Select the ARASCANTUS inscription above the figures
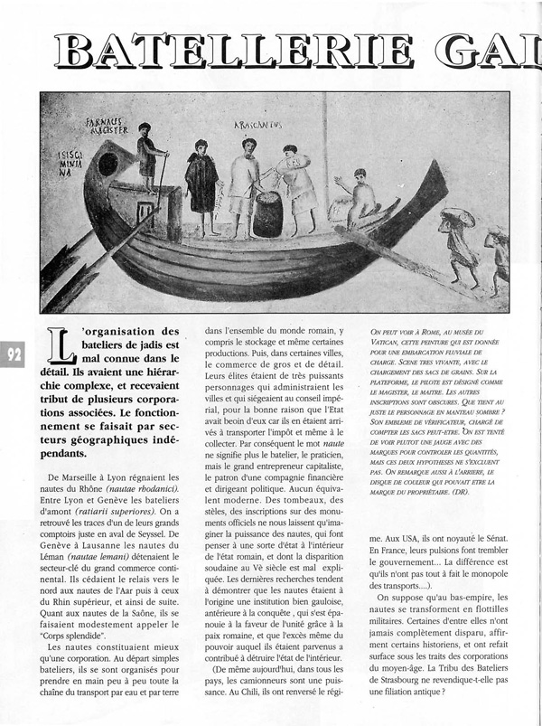pyautogui.click(x=257, y=124)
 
